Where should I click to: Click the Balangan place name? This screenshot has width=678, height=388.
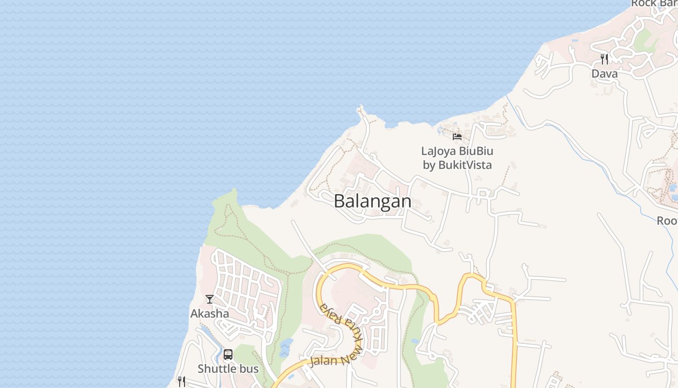372,201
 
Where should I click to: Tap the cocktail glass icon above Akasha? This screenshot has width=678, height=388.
210,299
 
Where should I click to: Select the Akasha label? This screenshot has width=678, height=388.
210,314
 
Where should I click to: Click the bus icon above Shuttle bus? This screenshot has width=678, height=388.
228,355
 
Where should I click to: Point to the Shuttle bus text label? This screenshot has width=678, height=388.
228,369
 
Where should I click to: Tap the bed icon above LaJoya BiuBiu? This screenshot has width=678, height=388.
457,137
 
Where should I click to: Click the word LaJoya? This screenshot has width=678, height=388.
439,151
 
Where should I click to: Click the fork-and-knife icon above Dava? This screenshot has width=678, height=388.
604,59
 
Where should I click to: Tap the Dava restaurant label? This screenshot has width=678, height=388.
604,74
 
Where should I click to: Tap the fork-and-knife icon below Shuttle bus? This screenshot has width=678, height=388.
181,382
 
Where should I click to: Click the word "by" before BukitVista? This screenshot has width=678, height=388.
429,165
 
